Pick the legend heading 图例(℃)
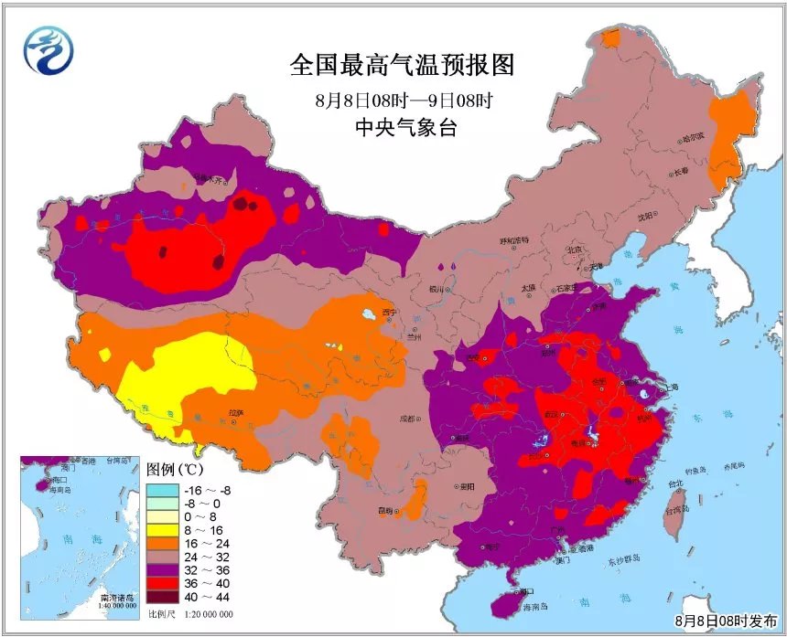177,469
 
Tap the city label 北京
574,249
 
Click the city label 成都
407,419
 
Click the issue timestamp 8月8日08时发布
728,621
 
